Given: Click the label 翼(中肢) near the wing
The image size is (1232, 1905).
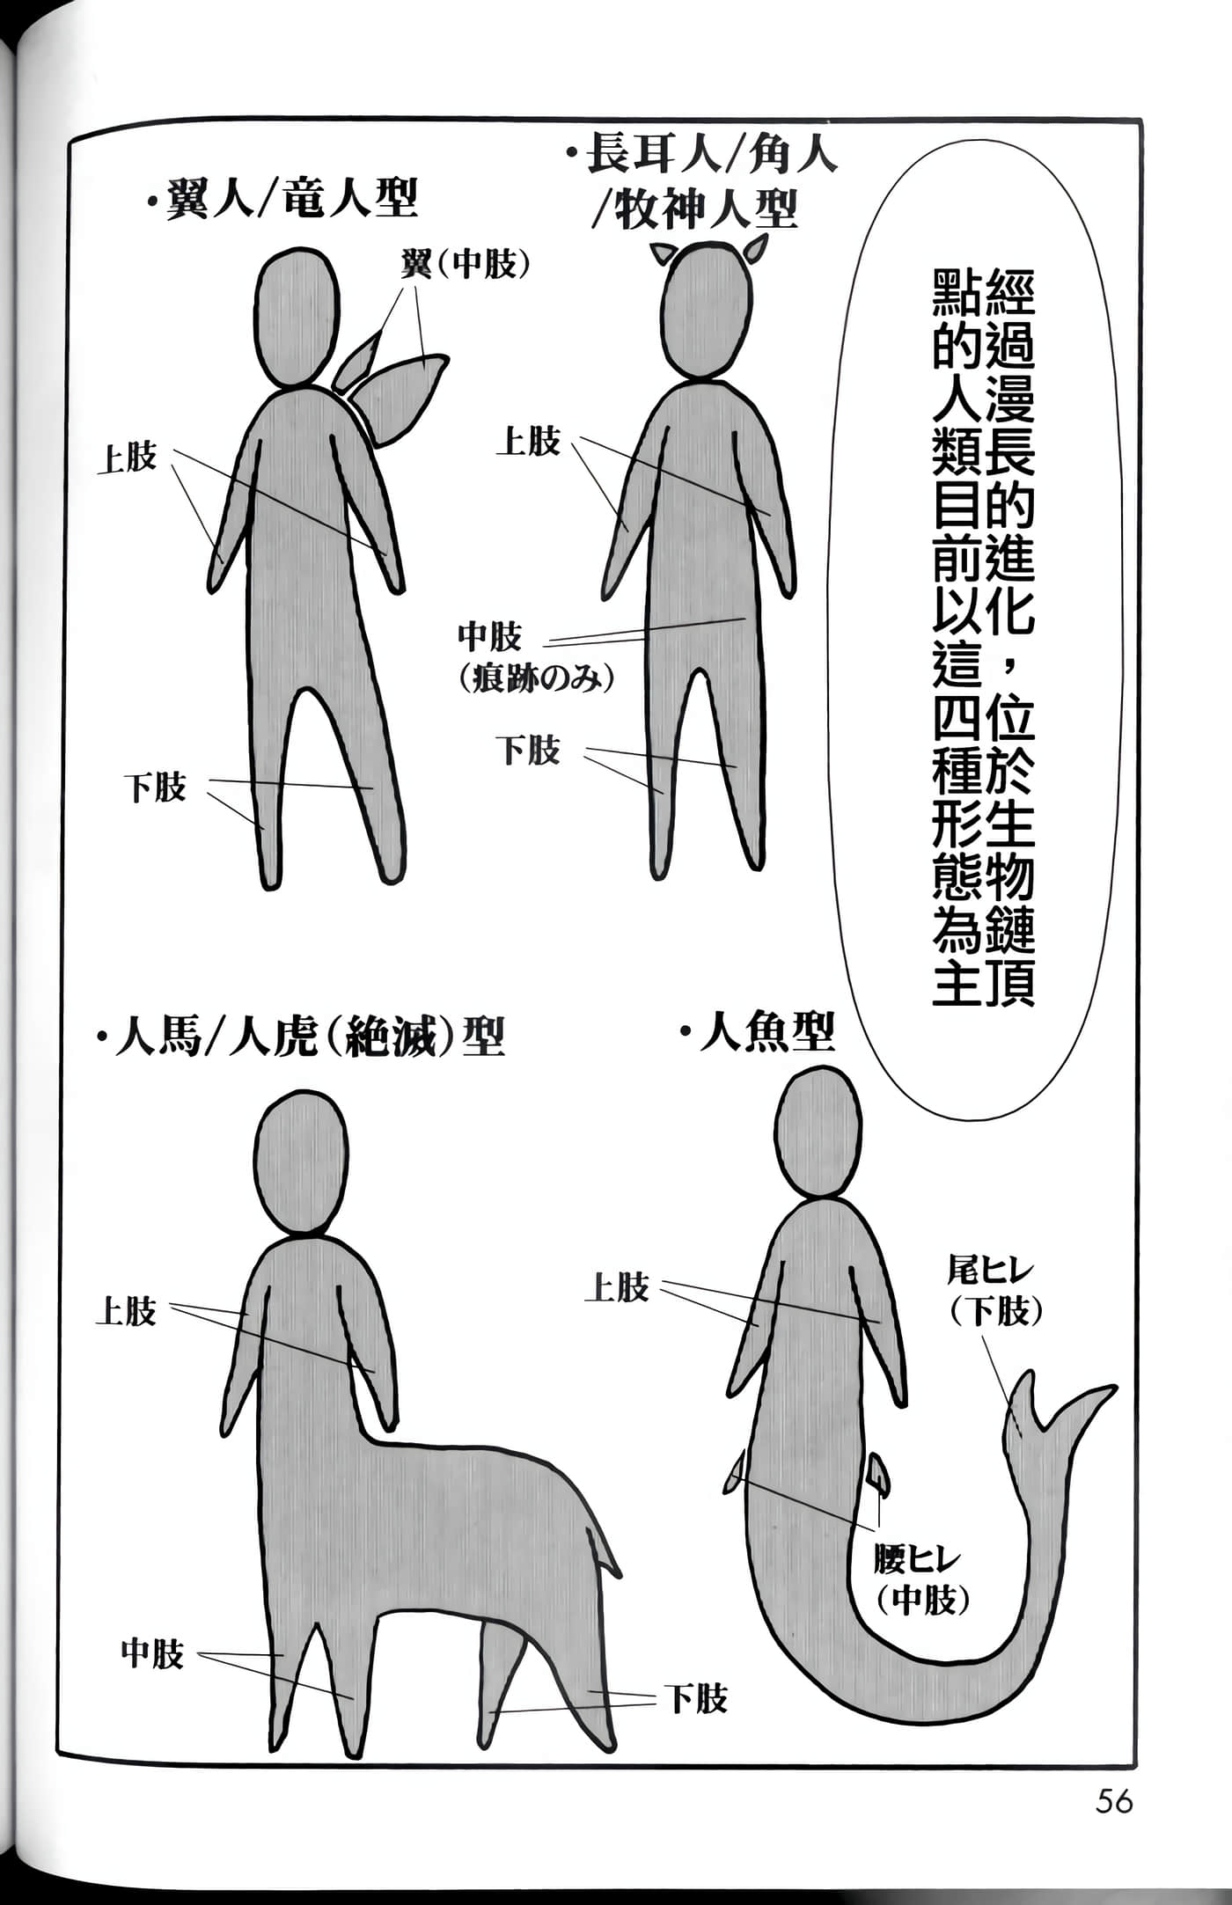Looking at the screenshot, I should coord(466,263).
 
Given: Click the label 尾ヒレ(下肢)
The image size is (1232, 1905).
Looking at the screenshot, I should coord(994,1291).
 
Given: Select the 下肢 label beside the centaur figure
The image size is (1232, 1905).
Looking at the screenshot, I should coord(697,1698).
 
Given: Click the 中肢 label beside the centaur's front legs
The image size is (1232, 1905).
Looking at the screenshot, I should coord(152,1654).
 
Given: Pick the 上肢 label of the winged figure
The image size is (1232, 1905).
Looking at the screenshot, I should coord(127,458).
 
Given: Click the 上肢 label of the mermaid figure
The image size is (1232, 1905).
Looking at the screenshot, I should coord(617,1287).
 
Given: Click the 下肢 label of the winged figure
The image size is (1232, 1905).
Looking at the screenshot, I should coord(155,787).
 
